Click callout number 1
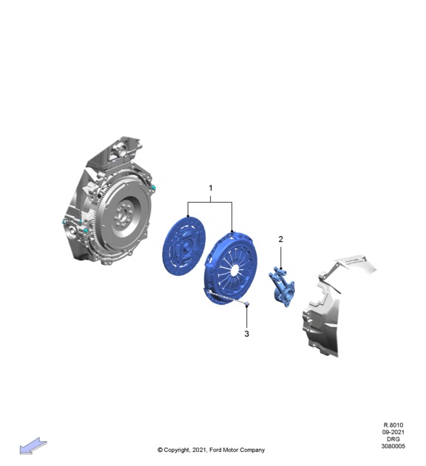(x=211, y=188)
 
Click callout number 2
(x=281, y=239)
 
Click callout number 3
(x=246, y=334)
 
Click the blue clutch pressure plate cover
(x=231, y=269)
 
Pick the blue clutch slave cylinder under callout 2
(x=282, y=286)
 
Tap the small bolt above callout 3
(x=246, y=304)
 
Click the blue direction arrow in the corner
(x=33, y=445)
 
